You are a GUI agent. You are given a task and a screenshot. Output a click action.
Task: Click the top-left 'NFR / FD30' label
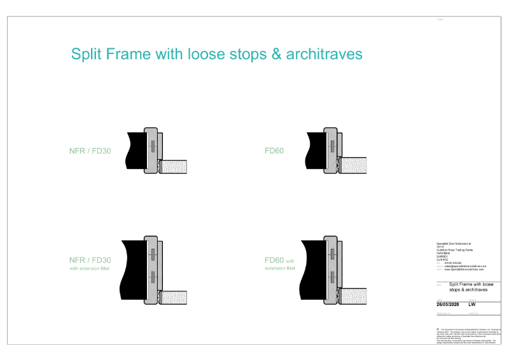90,151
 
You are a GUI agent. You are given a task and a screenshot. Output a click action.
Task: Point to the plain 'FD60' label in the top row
275,151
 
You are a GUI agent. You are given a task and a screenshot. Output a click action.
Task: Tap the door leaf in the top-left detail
175,167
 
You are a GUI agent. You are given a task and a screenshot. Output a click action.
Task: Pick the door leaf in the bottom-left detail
175,298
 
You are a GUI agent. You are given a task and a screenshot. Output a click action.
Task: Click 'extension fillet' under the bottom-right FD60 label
280,268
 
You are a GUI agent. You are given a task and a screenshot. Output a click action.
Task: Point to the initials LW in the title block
472,304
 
